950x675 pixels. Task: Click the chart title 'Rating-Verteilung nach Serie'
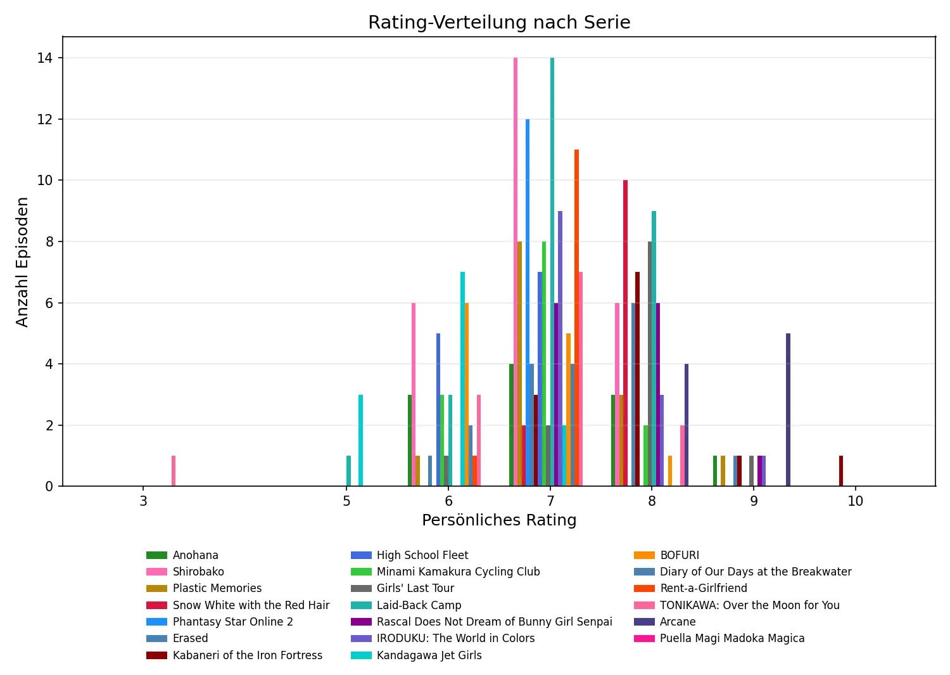pyautogui.click(x=499, y=23)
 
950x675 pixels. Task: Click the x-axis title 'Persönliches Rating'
pyautogui.click(x=499, y=520)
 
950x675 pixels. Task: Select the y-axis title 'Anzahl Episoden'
pyautogui.click(x=23, y=262)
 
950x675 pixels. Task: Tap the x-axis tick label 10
pyautogui.click(x=855, y=501)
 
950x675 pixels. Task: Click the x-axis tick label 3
pyautogui.click(x=144, y=501)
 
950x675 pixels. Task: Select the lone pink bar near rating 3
pyautogui.click(x=174, y=471)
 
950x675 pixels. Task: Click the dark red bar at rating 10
pyautogui.click(x=841, y=471)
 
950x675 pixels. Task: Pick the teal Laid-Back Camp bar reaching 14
pyautogui.click(x=552, y=273)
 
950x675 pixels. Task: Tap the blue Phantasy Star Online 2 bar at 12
pyautogui.click(x=528, y=303)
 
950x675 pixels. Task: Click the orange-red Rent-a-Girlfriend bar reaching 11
pyautogui.click(x=576, y=318)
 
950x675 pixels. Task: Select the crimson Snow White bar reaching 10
pyautogui.click(x=625, y=333)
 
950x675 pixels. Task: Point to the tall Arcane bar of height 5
pyautogui.click(x=788, y=410)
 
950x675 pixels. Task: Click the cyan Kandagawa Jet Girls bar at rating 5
pyautogui.click(x=360, y=440)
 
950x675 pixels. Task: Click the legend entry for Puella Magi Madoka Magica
pyautogui.click(x=731, y=638)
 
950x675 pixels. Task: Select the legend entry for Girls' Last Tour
pyautogui.click(x=415, y=588)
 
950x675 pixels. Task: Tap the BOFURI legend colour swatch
pyautogui.click(x=643, y=555)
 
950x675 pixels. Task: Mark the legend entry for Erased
pyautogui.click(x=190, y=638)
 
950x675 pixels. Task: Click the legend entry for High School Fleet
pyautogui.click(x=422, y=555)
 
